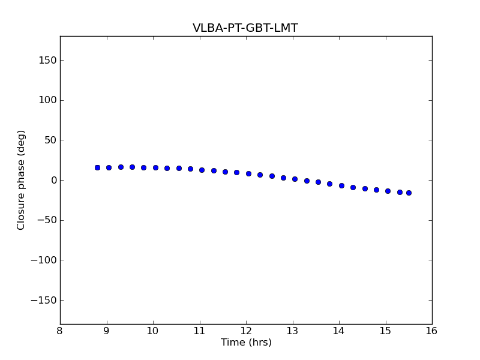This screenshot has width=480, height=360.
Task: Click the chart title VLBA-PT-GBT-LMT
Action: tap(245, 28)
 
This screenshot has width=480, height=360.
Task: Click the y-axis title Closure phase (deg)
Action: tap(22, 180)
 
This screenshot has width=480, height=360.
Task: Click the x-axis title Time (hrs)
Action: tap(246, 343)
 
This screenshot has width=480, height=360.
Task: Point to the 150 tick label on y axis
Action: tap(47, 60)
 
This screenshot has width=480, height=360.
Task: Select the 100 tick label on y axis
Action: tap(47, 100)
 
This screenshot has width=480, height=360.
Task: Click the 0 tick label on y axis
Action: tap(53, 180)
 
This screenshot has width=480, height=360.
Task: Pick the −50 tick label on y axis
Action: tap(47, 220)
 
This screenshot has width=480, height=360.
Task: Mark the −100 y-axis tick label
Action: tap(44, 260)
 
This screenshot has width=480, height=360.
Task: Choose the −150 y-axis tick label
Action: tap(44, 300)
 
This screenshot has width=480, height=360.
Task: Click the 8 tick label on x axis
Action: tap(60, 331)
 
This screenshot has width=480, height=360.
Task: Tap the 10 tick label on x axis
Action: tap(153, 331)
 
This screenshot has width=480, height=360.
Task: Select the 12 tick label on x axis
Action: tap(246, 331)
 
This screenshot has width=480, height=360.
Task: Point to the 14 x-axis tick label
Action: tap(339, 331)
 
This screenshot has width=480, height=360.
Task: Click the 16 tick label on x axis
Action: tap(432, 331)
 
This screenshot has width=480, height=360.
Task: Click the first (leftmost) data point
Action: tap(97, 167)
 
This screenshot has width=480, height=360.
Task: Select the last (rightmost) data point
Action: tap(409, 193)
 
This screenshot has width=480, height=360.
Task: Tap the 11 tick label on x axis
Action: tap(199, 331)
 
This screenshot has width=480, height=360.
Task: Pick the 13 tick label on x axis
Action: tap(292, 331)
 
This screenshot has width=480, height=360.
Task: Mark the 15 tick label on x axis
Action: tap(385, 331)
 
